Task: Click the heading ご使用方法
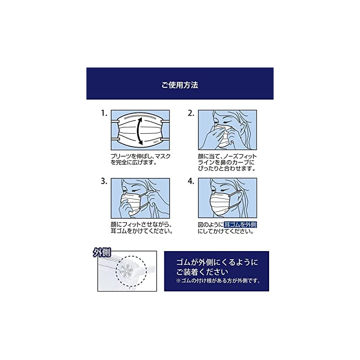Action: (180, 85)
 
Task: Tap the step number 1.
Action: (104, 113)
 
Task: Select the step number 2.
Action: (191, 113)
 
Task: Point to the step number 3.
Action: (104, 181)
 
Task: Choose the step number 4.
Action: (191, 181)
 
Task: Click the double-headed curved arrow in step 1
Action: (138, 131)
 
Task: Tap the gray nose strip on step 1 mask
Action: (140, 117)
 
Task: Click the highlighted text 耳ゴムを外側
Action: (240, 225)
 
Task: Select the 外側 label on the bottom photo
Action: (102, 252)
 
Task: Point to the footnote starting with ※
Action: (218, 280)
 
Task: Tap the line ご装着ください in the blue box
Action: (202, 272)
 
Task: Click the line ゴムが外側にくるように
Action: (217, 262)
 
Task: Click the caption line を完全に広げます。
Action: (134, 162)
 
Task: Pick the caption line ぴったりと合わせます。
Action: (227, 168)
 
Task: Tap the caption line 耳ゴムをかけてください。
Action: (142, 231)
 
